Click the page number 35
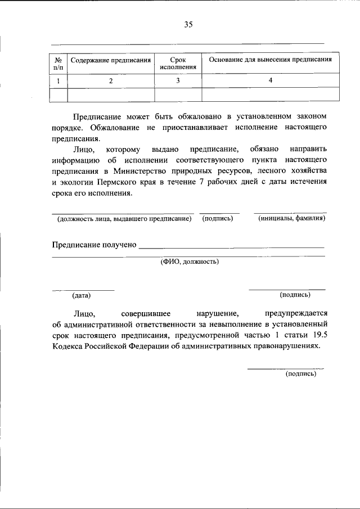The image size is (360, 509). click(188, 24)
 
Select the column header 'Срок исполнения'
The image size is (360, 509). click(178, 64)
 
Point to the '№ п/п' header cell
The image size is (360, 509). click(58, 64)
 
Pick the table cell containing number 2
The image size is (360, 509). click(111, 81)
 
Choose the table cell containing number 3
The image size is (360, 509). click(178, 81)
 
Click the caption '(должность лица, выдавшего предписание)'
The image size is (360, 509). click(121, 218)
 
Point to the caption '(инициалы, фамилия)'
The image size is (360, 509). click(292, 218)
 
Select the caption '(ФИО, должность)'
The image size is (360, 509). click(190, 261)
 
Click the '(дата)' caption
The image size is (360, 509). click(81, 295)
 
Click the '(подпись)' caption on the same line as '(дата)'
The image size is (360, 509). click(295, 294)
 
